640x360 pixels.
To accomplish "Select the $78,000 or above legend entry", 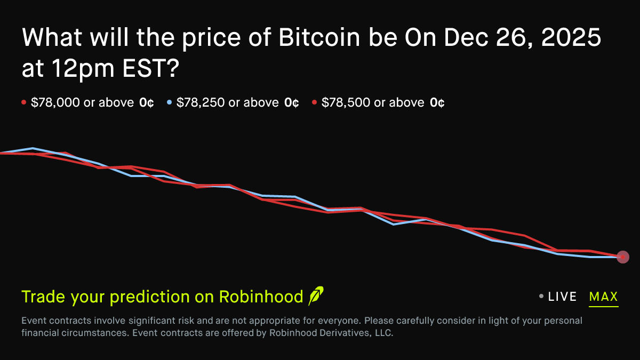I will [x=82, y=102].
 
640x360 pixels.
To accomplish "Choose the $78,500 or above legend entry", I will [x=373, y=102].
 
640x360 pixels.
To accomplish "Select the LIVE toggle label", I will [x=562, y=297].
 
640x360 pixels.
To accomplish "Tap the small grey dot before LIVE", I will [x=541, y=297].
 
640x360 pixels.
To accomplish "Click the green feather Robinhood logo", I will [x=316, y=296].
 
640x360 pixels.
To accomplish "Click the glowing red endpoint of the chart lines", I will [x=622, y=257].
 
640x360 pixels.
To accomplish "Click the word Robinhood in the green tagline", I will [x=261, y=297].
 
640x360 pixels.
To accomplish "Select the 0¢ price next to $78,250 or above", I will [x=291, y=102].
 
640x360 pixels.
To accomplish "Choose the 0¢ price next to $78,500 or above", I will [x=437, y=102].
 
